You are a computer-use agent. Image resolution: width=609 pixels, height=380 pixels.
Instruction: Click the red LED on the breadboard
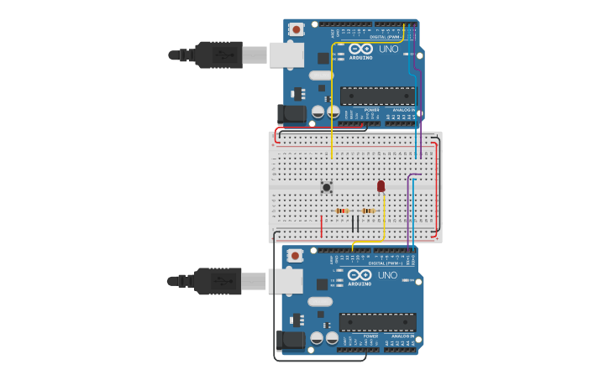(x=381, y=185)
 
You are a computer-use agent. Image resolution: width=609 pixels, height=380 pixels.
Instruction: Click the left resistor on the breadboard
(x=343, y=211)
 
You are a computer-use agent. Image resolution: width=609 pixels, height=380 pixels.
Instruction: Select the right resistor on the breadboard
(x=370, y=211)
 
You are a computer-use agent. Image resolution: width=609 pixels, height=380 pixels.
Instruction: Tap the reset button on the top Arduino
(x=296, y=29)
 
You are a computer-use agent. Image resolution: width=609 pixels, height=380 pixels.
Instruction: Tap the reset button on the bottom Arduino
(x=295, y=255)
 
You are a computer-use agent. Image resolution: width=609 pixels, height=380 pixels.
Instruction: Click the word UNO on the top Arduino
(x=389, y=49)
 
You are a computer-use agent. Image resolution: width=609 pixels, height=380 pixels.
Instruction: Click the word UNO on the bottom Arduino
(x=388, y=275)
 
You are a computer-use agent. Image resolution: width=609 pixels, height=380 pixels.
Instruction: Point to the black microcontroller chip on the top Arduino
(x=378, y=96)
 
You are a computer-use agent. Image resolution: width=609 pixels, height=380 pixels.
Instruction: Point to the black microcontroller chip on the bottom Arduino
(x=377, y=322)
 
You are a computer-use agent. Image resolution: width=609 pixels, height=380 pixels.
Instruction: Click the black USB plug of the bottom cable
(x=219, y=281)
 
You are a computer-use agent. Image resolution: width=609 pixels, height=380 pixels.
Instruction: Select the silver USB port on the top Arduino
(x=286, y=55)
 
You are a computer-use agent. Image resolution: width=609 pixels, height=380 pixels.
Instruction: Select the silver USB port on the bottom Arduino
(x=286, y=281)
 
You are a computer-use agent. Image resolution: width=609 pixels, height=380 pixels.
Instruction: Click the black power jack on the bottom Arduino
(x=288, y=340)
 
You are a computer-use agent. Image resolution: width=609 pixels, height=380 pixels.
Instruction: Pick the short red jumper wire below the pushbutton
(x=322, y=226)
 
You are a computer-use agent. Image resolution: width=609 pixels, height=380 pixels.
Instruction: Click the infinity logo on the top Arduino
(x=360, y=49)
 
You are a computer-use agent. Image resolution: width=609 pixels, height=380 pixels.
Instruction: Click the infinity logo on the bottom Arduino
(x=360, y=275)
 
